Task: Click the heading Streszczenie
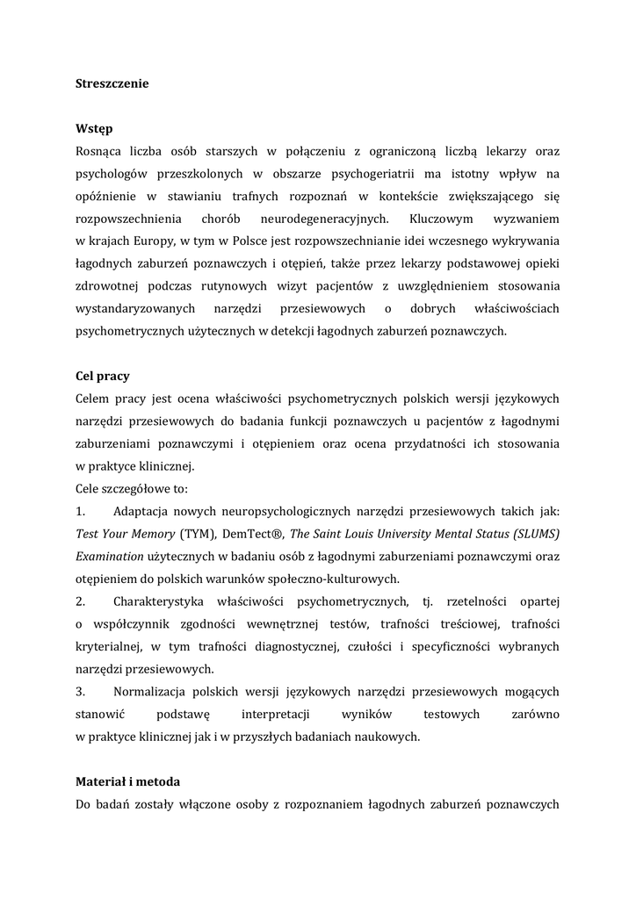point(112,84)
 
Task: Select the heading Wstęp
point(94,130)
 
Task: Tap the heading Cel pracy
point(103,376)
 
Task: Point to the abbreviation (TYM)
point(198,534)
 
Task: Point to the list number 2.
point(80,602)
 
